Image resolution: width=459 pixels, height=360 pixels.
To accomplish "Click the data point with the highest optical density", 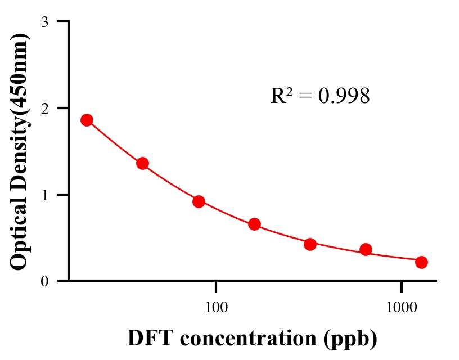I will pos(87,120).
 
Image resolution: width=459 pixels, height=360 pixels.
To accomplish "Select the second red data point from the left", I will pos(142,164).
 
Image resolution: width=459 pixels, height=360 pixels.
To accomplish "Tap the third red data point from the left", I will pos(199,201).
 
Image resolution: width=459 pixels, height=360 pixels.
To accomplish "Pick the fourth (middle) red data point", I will pos(254,224).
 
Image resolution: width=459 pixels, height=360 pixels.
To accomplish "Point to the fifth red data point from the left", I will pos(310,244).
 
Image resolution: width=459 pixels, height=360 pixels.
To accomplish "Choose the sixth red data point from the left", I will pos(366,249).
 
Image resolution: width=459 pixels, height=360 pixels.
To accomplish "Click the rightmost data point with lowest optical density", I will pos(421,262).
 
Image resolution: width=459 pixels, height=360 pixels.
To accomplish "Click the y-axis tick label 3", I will pos(44,22).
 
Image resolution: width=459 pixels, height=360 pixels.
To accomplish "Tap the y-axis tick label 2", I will pos(44,108).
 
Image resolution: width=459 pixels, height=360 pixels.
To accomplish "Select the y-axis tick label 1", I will pos(44,195).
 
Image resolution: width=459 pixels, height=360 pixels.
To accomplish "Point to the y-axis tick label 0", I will pos(44,281).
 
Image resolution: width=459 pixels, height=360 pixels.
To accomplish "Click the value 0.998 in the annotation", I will pos(344,96).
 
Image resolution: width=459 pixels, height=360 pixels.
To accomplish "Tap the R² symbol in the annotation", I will pos(281,96).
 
